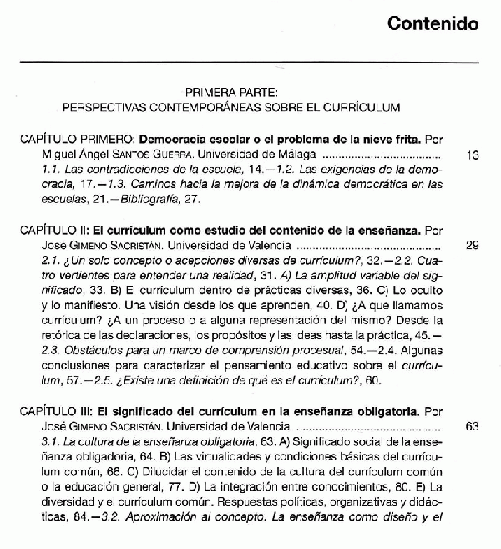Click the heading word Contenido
(x=433, y=23)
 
